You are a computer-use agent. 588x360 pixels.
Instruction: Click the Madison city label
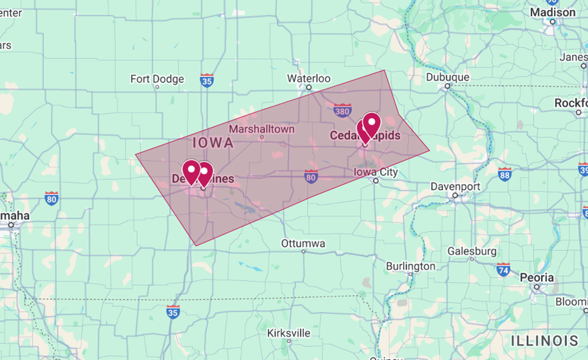(552, 12)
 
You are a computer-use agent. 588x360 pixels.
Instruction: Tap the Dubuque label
(447, 77)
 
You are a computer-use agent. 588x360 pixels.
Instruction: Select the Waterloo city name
(309, 78)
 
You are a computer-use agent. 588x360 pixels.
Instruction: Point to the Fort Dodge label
(157, 79)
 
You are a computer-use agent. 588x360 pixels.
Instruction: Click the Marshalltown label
(262, 129)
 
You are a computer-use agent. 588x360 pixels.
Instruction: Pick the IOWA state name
(213, 143)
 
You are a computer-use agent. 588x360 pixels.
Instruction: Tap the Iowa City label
(376, 172)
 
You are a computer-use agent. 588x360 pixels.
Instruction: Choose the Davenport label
(455, 186)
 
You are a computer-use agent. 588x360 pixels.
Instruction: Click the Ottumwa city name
(303, 243)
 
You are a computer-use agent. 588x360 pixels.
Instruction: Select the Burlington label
(410, 266)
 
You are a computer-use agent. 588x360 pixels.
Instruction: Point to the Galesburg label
(472, 251)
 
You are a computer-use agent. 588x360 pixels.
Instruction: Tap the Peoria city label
(537, 278)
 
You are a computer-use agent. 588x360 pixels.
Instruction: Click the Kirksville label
(289, 333)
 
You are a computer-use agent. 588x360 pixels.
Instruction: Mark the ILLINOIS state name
(545, 340)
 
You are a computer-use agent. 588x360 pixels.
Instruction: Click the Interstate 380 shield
(342, 110)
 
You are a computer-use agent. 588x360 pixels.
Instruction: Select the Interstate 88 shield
(505, 174)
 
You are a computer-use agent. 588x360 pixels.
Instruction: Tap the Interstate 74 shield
(503, 269)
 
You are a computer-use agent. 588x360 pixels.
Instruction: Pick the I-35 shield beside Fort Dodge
(207, 80)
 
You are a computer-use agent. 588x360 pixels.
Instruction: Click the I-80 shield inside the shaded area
(311, 177)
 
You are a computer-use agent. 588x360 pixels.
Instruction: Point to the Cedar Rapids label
(365, 136)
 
